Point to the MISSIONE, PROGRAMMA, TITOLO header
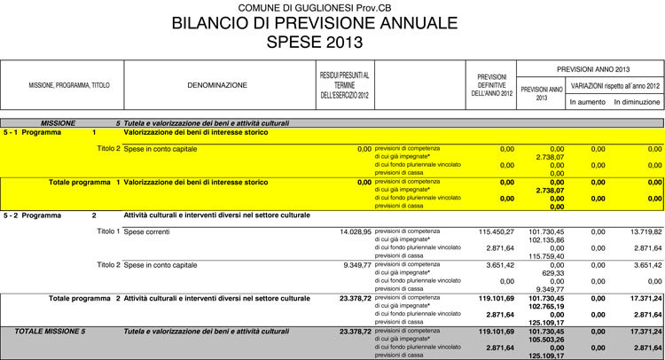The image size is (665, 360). point(69,85)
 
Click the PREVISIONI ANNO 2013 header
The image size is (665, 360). point(593,68)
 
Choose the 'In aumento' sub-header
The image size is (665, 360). point(587,102)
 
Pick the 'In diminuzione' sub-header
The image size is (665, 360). point(637,102)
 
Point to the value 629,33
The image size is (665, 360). point(552,272)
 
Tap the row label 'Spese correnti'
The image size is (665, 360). point(148,231)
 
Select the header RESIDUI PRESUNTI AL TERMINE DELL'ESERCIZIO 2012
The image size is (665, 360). point(344,85)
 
